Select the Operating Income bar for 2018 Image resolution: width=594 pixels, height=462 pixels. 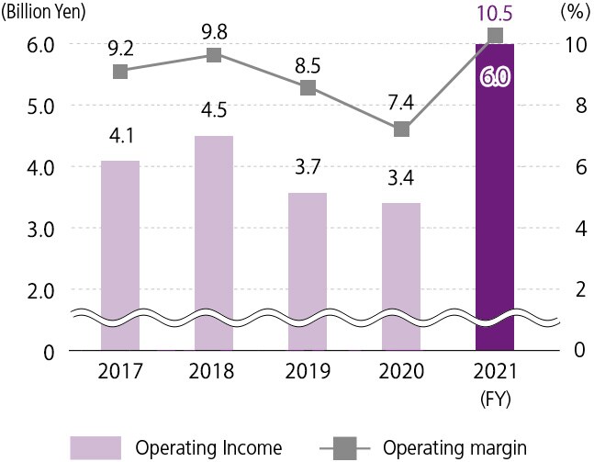(213, 239)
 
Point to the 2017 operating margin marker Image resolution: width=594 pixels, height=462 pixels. (120, 72)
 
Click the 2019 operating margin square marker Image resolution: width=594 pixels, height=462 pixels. (308, 87)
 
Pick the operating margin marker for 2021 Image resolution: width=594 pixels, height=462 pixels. (495, 36)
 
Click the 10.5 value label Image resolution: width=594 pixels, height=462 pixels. (495, 14)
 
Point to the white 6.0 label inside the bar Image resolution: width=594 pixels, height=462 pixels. (495, 77)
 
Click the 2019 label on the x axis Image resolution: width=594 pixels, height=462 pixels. (308, 372)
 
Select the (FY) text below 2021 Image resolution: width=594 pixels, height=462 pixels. (495, 400)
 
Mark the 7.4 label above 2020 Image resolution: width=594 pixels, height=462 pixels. (401, 104)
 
